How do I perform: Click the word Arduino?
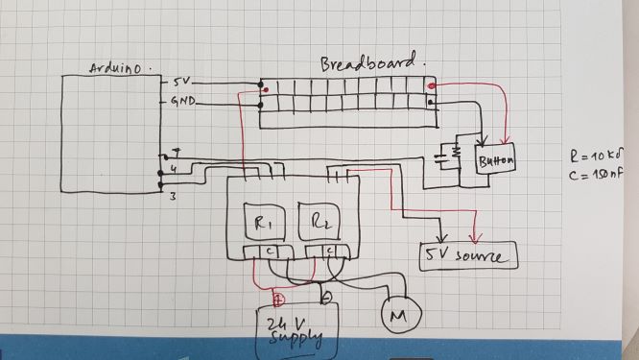click(x=120, y=68)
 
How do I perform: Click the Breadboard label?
click(x=369, y=63)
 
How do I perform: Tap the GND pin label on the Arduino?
click(x=184, y=101)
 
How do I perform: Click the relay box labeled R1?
click(x=264, y=227)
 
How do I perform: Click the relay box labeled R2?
click(x=319, y=227)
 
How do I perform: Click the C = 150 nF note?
click(x=598, y=174)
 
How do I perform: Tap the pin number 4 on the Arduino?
click(x=172, y=169)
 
